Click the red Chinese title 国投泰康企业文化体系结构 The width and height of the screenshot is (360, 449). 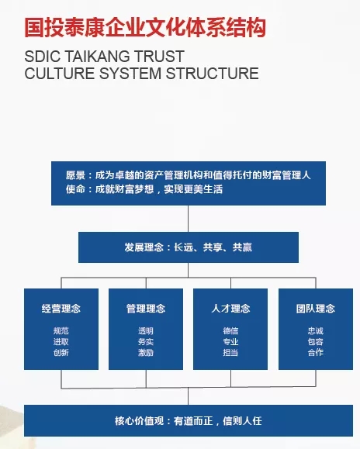145,28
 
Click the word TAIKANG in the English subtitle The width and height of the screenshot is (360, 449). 98,56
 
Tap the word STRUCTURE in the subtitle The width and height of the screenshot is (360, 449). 213,74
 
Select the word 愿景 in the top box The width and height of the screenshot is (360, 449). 75,175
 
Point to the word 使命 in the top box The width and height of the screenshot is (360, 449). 75,189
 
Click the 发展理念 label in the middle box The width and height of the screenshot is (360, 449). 144,247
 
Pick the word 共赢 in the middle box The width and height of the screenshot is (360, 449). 242,247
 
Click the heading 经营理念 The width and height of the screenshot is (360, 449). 61,309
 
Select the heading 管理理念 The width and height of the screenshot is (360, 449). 146,309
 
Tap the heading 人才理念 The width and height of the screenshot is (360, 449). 230,309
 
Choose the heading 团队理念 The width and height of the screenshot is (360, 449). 316,309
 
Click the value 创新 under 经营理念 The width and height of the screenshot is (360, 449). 61,352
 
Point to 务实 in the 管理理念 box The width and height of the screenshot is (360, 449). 146,342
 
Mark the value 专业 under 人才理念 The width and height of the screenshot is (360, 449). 230,342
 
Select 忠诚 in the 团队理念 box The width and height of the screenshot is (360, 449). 316,331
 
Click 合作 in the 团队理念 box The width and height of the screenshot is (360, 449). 316,352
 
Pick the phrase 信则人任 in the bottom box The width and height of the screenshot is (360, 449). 242,421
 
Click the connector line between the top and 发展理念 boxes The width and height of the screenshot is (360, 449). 189,219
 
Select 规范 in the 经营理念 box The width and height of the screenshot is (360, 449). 61,331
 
